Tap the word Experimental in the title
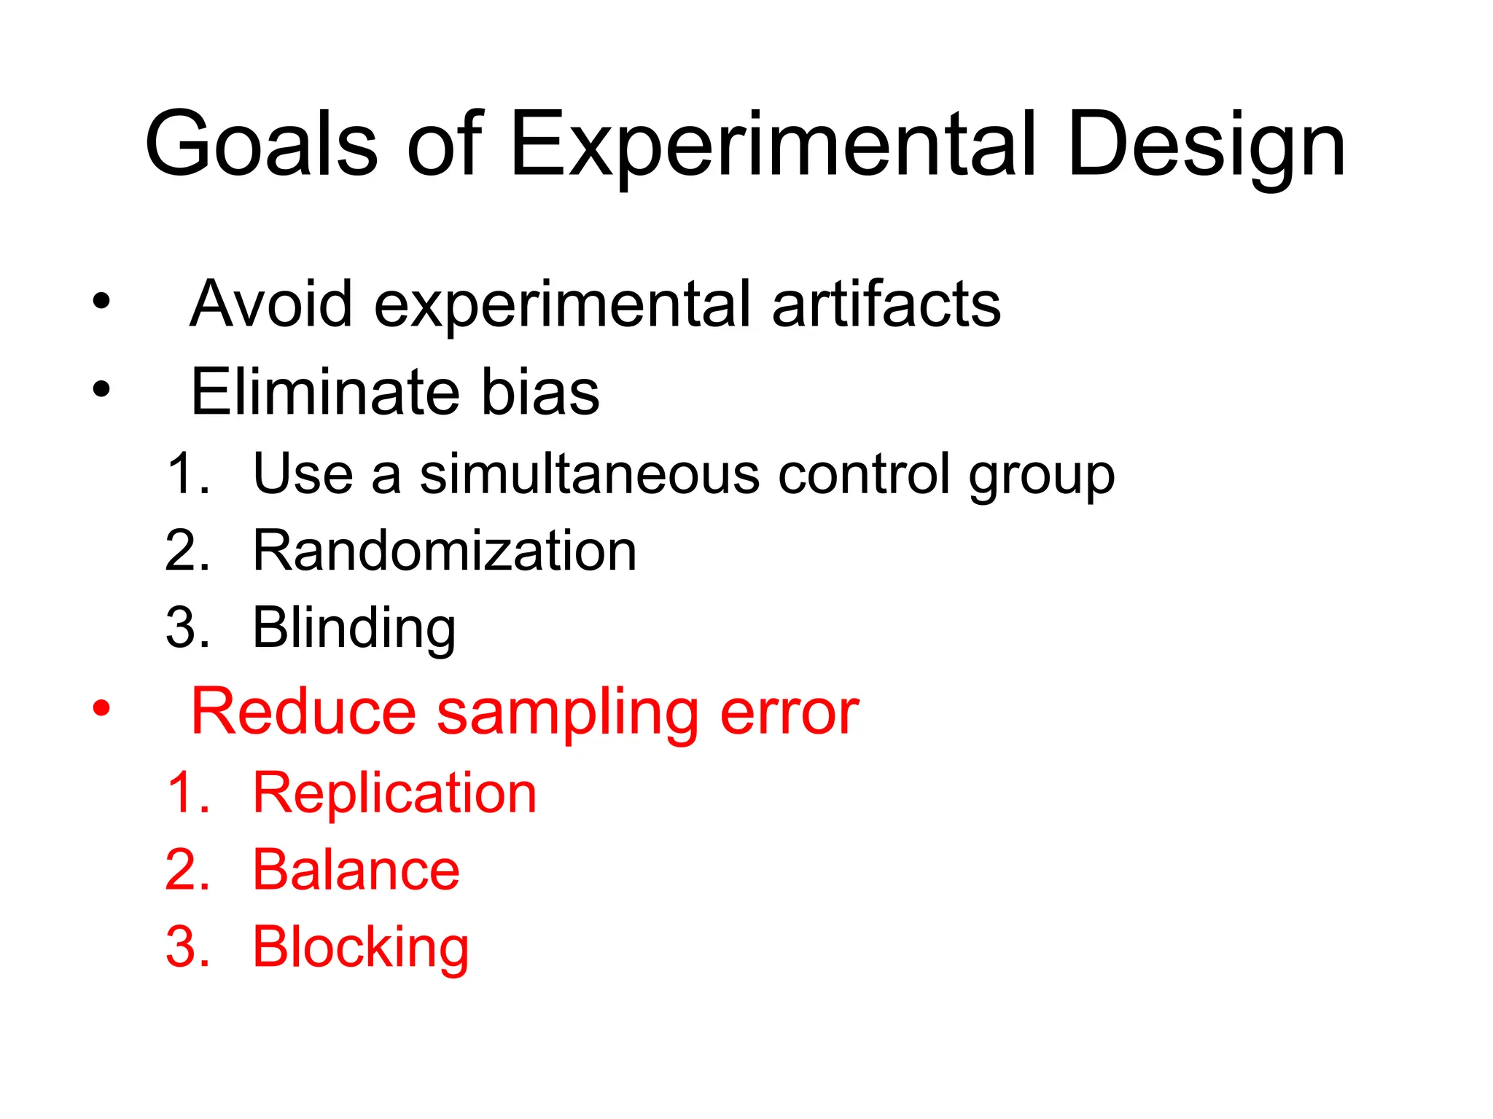(x=773, y=146)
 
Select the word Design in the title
(x=1206, y=146)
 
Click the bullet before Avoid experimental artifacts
(x=101, y=300)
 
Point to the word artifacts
(x=886, y=304)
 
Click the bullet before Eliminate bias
(x=101, y=389)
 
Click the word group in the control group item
(x=1042, y=477)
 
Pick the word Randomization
(x=444, y=551)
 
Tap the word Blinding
(x=354, y=629)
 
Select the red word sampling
(x=568, y=714)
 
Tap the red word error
(x=789, y=714)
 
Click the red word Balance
(x=356, y=870)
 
